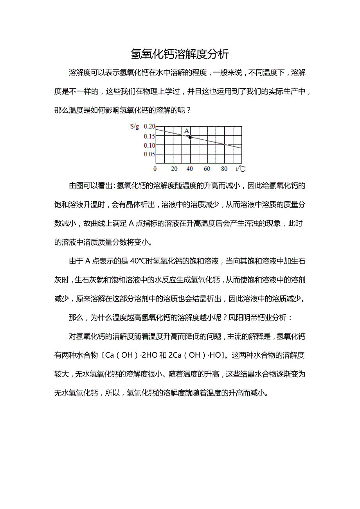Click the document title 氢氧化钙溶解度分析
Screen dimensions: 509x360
pyautogui.click(x=180, y=54)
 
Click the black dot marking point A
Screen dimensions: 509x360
pyautogui.click(x=190, y=137)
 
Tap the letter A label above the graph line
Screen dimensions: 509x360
pyautogui.click(x=187, y=131)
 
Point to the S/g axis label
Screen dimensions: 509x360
pyautogui.click(x=134, y=127)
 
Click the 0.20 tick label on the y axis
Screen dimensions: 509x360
pyautogui.click(x=149, y=127)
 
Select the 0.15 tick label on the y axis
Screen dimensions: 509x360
pyautogui.click(x=149, y=136)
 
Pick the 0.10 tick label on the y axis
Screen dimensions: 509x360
pyautogui.click(x=149, y=145)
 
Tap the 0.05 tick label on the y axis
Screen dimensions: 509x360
pyautogui.click(x=149, y=154)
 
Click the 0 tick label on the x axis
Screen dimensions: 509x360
pyautogui.click(x=155, y=169)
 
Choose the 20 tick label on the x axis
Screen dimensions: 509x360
pyautogui.click(x=174, y=169)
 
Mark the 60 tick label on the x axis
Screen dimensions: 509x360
pyautogui.click(x=207, y=169)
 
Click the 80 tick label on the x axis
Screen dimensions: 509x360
pyautogui.click(x=224, y=169)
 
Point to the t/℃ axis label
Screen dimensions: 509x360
pyautogui.click(x=240, y=169)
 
